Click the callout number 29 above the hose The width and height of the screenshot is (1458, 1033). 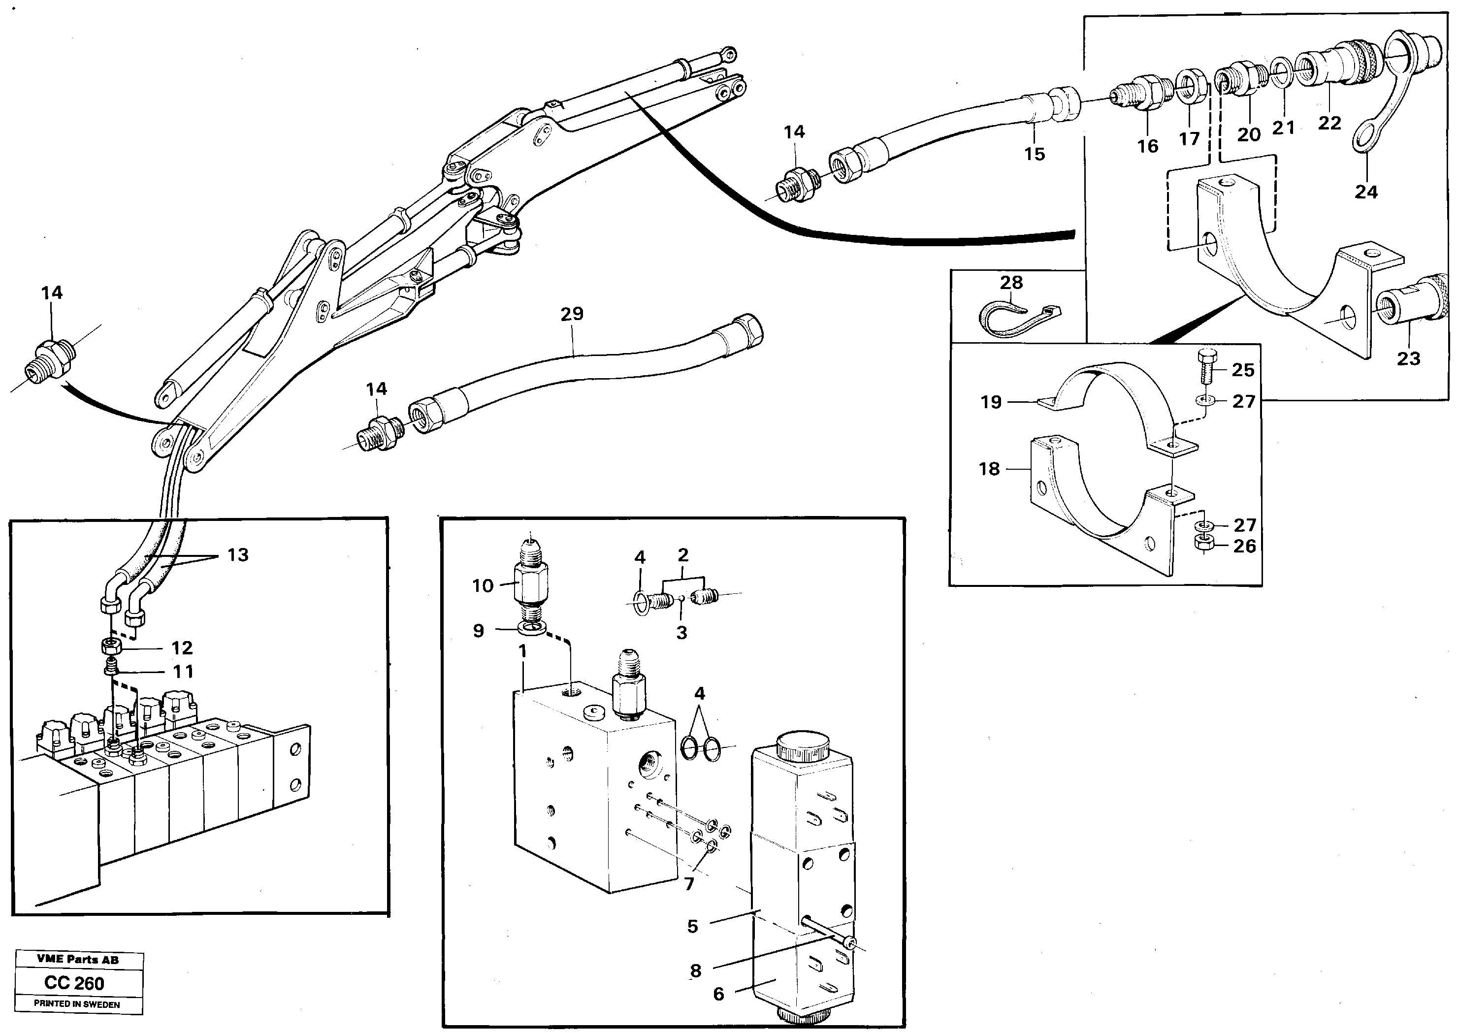pyautogui.click(x=571, y=314)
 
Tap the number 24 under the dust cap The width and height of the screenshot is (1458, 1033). pyautogui.click(x=1366, y=192)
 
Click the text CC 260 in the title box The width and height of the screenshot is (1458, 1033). pyautogui.click(x=74, y=983)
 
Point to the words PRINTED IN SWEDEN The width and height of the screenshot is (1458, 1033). pyautogui.click(x=76, y=1004)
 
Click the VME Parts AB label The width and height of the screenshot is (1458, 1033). pyautogui.click(x=78, y=960)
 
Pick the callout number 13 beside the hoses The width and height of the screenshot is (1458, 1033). pyautogui.click(x=238, y=555)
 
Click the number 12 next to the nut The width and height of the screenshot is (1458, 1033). pyautogui.click(x=182, y=647)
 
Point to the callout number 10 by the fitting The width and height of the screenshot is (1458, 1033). pyautogui.click(x=483, y=585)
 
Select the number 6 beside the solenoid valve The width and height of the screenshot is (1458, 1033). pyautogui.click(x=718, y=994)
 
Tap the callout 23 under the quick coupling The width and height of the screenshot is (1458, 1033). pyautogui.click(x=1408, y=359)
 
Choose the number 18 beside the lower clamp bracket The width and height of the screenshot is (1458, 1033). pyautogui.click(x=989, y=469)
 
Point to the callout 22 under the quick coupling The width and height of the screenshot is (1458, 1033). pyautogui.click(x=1329, y=123)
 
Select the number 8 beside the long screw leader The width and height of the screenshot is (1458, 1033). pyautogui.click(x=695, y=970)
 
